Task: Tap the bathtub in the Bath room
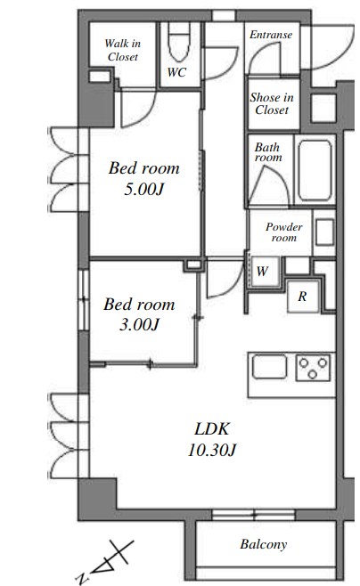tap(315, 170)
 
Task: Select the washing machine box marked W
tap(265, 272)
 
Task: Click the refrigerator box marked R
tap(303, 297)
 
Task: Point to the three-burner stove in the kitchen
tap(314, 368)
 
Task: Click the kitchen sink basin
tap(269, 367)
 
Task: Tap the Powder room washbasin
tap(324, 232)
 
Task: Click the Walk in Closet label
tap(123, 50)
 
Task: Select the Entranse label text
tap(271, 35)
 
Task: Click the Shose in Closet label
tap(272, 103)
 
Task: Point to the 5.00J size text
tap(144, 190)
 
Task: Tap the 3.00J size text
tap(139, 324)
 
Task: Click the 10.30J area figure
tap(212, 450)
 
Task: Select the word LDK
tap(211, 429)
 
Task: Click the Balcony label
tap(264, 544)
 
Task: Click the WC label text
tap(176, 72)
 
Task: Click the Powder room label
tap(284, 232)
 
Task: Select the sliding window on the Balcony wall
tap(254, 515)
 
